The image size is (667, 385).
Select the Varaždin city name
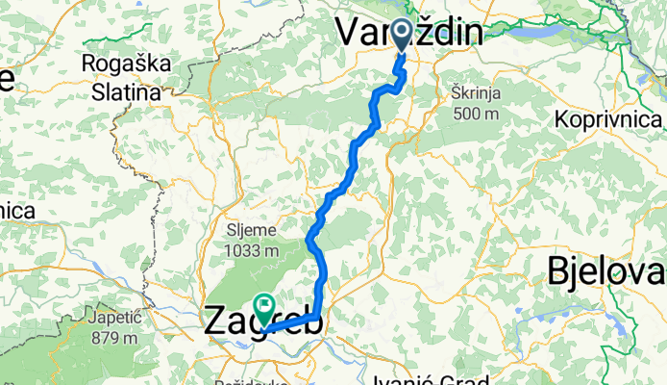pyautogui.click(x=409, y=33)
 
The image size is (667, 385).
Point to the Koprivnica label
pyautogui.click(x=608, y=120)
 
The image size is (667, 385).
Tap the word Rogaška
pyautogui.click(x=127, y=64)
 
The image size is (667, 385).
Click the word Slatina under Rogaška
pyautogui.click(x=127, y=92)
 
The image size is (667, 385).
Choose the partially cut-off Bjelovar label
pyautogui.click(x=606, y=272)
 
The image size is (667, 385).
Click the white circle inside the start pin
pyautogui.click(x=403, y=31)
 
